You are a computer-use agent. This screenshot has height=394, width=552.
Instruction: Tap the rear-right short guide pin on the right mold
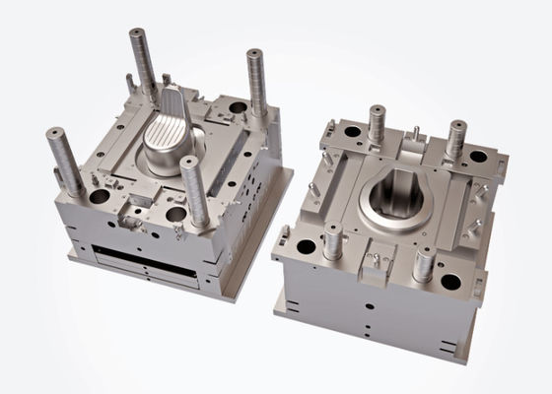click(x=456, y=139)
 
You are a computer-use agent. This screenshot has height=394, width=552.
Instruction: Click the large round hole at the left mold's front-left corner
click(x=99, y=198)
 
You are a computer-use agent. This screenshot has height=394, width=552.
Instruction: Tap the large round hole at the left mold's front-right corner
click(x=177, y=215)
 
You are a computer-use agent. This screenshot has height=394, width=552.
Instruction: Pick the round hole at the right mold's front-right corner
click(x=451, y=282)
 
